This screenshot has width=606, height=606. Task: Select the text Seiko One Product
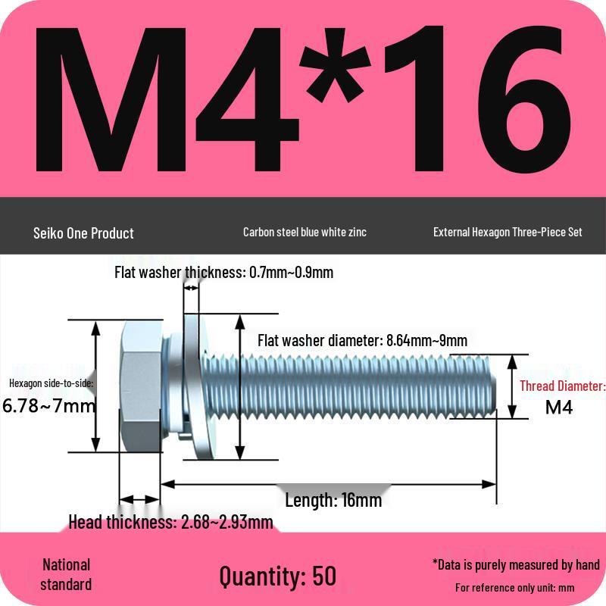tap(83, 233)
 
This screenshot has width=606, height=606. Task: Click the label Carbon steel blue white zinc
tap(305, 232)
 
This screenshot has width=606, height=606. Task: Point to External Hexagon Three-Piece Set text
tap(508, 232)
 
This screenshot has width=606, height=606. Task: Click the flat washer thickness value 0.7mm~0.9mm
tap(292, 273)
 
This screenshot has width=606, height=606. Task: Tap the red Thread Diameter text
tap(562, 386)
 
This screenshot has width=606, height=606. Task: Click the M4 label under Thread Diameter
tap(559, 408)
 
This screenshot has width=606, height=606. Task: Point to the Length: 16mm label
tap(333, 500)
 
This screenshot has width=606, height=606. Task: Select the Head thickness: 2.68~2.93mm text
tap(170, 522)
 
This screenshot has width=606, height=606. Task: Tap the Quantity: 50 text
tap(277, 576)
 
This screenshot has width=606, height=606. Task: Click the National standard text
tap(66, 574)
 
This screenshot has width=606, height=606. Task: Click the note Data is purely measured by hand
tap(516, 564)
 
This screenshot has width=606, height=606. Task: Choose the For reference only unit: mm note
tap(514, 587)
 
